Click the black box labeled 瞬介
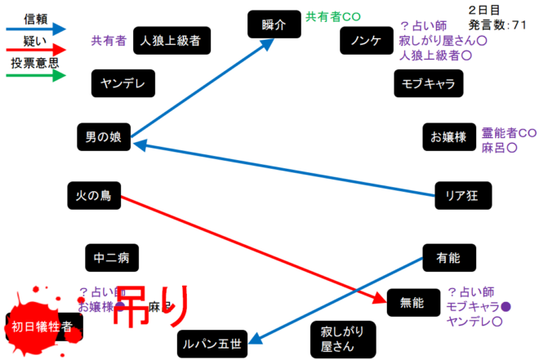[x=274, y=24]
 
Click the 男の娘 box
[x=104, y=137]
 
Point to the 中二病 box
[x=111, y=258]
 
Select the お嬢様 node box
[x=448, y=137]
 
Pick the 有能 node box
[x=448, y=258]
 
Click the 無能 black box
[x=412, y=303]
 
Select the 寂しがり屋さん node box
[x=337, y=339]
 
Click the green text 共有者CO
[x=333, y=16]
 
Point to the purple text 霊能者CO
[x=509, y=133]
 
